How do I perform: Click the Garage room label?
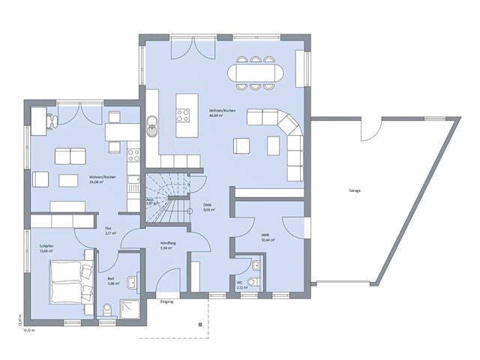click(355, 190)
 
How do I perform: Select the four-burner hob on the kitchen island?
click(183, 115)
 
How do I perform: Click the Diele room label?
click(207, 204)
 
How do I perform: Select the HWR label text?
click(265, 235)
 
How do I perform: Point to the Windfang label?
click(168, 244)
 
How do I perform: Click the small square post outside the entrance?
click(199, 325)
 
